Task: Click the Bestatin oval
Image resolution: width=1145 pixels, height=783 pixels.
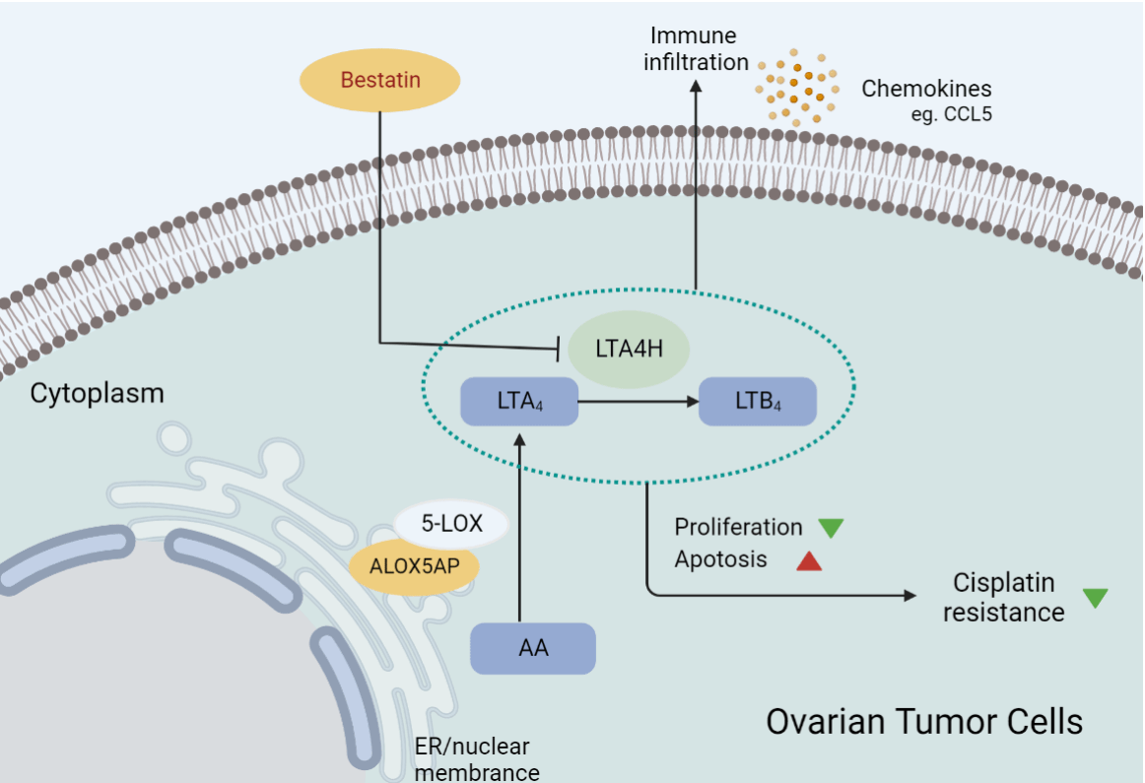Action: coord(380,80)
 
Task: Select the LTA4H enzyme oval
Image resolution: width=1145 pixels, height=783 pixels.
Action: coord(628,349)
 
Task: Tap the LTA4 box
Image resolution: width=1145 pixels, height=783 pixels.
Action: coord(519,402)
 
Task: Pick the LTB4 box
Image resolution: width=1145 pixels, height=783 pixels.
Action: coord(758,402)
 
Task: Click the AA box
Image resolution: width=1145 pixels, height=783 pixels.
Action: coord(533,648)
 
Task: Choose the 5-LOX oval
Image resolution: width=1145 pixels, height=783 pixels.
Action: coord(451,524)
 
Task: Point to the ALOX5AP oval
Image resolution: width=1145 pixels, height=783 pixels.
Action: coord(415,567)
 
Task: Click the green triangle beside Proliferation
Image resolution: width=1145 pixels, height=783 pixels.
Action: coord(832,527)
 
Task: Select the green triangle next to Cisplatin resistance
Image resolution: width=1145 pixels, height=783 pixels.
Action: coord(1095,597)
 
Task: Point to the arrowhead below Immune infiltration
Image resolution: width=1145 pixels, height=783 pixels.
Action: coord(696,86)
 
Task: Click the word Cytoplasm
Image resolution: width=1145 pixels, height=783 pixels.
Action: coord(97,394)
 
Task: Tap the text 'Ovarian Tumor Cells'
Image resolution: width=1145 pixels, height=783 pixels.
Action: coord(924,721)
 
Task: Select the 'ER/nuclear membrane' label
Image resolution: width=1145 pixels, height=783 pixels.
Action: coord(477,759)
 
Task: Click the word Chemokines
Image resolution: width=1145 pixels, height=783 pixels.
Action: coord(926,89)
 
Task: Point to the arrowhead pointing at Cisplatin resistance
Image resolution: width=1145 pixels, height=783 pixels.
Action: coord(908,595)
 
